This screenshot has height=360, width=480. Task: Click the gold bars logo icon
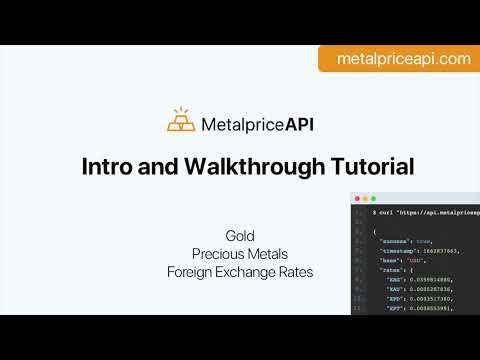182,121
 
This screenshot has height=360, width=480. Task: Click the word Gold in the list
240,235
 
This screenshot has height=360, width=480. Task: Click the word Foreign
191,271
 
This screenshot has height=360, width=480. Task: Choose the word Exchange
249,271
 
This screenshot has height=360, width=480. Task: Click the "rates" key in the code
395,270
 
